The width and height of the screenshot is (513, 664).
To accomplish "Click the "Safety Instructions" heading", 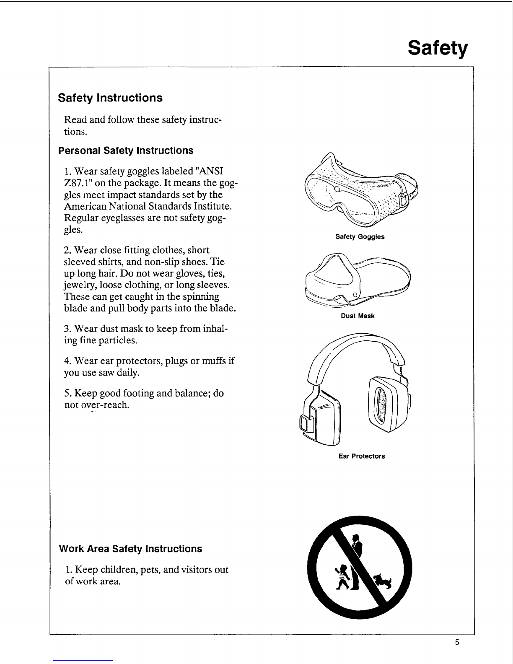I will (x=110, y=98).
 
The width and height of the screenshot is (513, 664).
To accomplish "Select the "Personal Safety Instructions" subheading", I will (x=126, y=150).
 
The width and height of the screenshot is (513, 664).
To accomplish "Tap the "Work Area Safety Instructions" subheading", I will (x=130, y=549).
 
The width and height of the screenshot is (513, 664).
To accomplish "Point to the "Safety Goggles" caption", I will (x=360, y=237).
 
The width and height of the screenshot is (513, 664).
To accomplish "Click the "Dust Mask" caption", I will (x=358, y=316).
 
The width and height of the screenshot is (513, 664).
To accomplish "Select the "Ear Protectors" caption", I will (x=361, y=456).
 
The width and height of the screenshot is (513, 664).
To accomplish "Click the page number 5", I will (x=457, y=643).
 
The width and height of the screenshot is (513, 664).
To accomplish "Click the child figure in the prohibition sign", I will (x=343, y=577).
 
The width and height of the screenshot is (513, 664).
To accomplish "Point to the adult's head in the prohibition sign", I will (x=356, y=537).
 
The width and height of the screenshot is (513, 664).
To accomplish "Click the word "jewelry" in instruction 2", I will (x=78, y=285).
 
